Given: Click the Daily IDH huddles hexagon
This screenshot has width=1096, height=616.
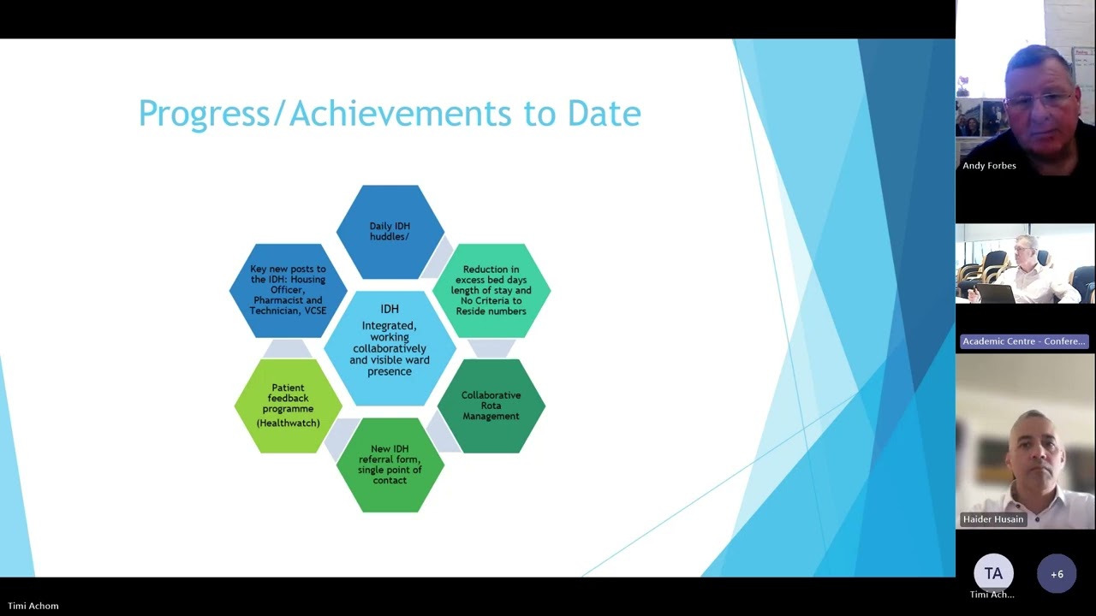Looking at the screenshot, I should coord(390,232).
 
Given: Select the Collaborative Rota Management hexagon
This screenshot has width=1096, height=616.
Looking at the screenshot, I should coord(491,406).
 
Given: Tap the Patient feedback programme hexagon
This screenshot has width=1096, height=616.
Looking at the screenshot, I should coord(288,406).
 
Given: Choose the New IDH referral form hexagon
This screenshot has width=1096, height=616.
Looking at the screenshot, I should coord(390,465).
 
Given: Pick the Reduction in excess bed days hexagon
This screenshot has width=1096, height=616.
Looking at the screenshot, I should coord(491,290).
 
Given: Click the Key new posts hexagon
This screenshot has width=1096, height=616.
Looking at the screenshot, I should coord(288,290).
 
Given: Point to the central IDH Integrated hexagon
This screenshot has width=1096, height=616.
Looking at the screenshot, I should coord(390,347).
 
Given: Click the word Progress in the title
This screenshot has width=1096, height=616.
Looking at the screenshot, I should coord(202,114).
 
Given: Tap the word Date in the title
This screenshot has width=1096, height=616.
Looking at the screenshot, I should coord(604,114).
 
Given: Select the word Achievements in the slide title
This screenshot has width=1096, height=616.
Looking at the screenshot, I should coord(402,114).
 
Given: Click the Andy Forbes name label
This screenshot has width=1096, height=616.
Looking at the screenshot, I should coord(989,166).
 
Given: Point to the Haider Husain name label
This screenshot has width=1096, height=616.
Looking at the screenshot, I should coord(993,519).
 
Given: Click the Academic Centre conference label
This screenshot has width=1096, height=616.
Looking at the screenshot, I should coord(1024,341).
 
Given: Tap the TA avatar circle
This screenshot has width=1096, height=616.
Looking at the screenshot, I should coord(993,573).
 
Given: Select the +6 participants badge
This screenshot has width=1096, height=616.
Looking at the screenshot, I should coord(1057,574).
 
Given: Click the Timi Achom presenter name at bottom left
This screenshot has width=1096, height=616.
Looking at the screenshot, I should coord(33,606).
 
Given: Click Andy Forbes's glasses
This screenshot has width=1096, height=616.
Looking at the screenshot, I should coord(1037,99).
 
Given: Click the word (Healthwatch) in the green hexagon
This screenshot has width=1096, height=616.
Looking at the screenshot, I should coord(288,423).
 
